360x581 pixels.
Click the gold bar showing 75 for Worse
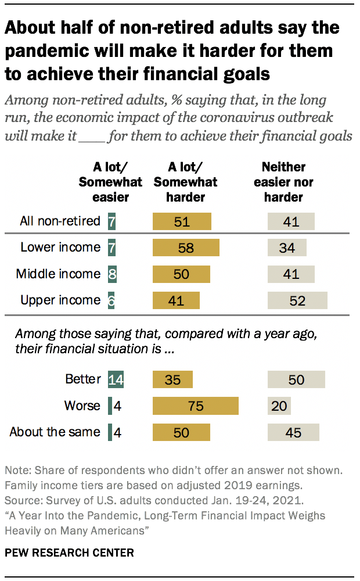[196, 406]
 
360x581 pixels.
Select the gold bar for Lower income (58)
[186, 248]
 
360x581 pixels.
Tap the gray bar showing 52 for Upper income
[297, 300]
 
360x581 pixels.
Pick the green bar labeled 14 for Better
[116, 379]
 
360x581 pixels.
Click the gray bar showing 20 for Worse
[279, 406]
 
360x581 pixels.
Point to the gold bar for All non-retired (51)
[182, 221]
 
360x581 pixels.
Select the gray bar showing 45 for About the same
[293, 432]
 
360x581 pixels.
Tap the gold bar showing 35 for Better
[172, 379]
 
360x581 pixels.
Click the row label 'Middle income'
[58, 274]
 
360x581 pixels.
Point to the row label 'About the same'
[55, 432]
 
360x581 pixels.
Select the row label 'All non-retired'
[60, 221]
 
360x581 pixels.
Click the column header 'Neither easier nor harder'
[283, 182]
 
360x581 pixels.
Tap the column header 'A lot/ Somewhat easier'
[110, 182]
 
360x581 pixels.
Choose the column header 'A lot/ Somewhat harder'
[185, 182]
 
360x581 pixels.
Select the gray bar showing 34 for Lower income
[287, 248]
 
